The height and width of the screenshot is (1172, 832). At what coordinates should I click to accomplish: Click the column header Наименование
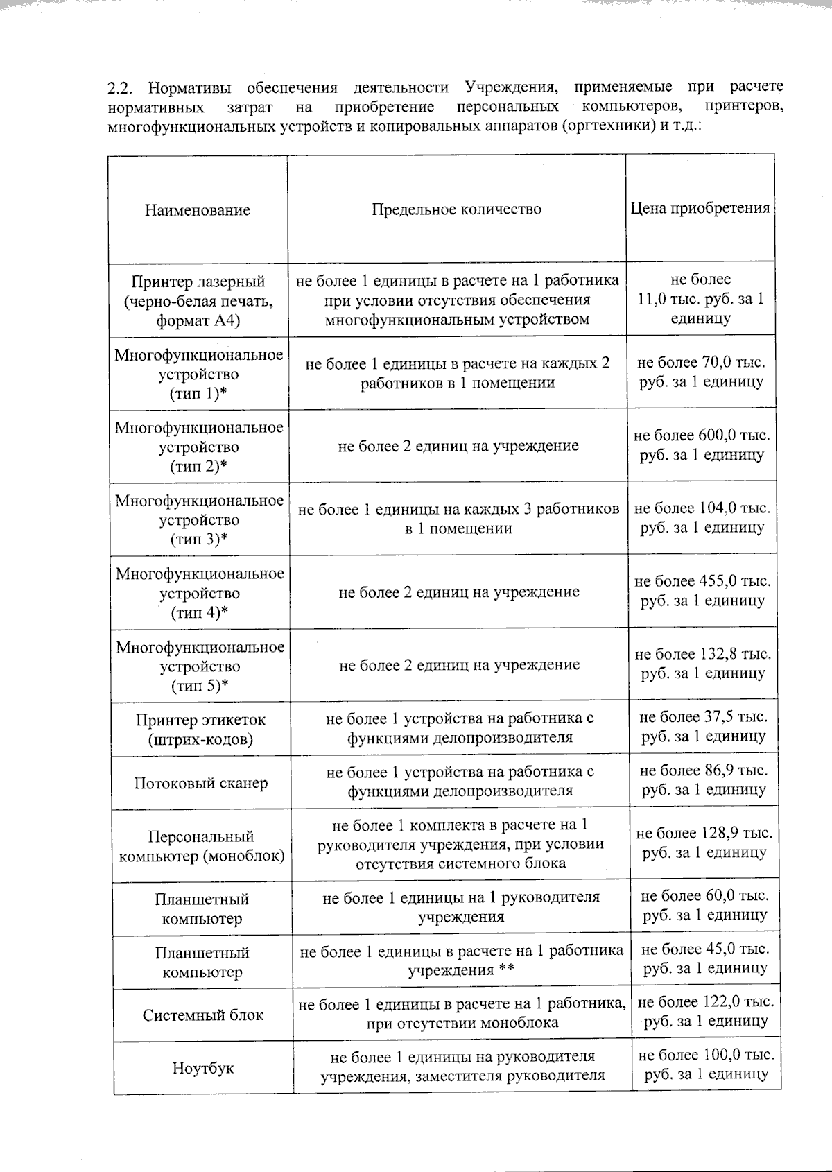[198, 210]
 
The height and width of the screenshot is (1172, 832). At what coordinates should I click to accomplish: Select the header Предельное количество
[456, 209]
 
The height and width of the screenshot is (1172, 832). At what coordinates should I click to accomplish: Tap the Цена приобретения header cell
[700, 208]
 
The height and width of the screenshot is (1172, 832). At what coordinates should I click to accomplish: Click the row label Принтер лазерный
[198, 282]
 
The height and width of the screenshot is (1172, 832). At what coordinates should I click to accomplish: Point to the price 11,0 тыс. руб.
[700, 299]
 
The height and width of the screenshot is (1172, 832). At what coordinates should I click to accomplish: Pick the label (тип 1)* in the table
[199, 394]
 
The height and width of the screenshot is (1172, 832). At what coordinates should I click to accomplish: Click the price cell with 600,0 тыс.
[702, 445]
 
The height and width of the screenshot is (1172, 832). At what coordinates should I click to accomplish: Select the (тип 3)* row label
[199, 540]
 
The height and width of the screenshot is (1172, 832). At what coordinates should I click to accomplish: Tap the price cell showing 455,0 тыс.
[702, 591]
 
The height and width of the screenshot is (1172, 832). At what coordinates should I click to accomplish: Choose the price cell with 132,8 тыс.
[702, 664]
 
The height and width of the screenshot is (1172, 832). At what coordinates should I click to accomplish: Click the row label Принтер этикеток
[200, 720]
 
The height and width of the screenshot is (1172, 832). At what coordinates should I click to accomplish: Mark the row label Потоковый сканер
[200, 784]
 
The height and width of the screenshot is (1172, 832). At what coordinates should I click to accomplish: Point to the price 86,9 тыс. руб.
[703, 779]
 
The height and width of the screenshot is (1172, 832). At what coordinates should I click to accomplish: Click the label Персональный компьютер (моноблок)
[202, 846]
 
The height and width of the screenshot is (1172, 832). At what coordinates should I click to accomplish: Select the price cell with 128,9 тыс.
[704, 843]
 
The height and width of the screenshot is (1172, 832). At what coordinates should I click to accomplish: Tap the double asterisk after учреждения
[506, 970]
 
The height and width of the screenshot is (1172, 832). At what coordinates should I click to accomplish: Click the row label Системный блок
[203, 1015]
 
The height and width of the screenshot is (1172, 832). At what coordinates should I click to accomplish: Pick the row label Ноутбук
[203, 1069]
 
